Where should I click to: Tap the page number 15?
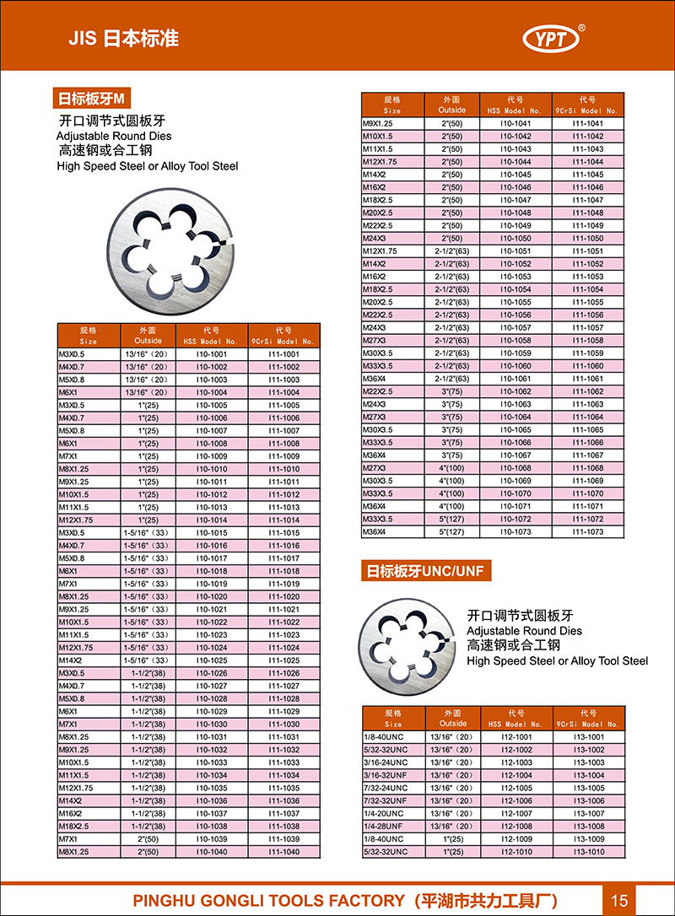[620, 899]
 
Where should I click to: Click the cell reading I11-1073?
[588, 532]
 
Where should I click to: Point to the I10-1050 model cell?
[516, 239]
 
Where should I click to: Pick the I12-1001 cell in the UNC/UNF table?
[516, 737]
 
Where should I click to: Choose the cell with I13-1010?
[589, 852]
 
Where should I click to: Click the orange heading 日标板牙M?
[90, 98]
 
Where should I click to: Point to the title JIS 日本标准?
[123, 39]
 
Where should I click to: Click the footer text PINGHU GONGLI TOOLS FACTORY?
[269, 900]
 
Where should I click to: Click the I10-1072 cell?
[516, 520]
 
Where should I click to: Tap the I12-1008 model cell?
[516, 827]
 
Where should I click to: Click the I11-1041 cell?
[588, 123]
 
